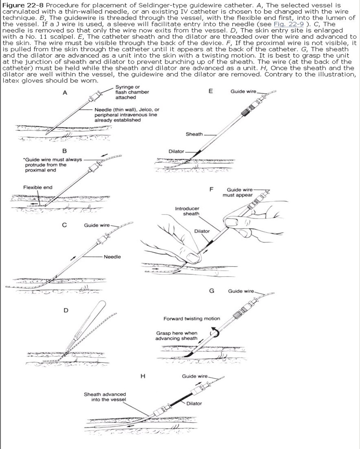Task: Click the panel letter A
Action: click(64, 93)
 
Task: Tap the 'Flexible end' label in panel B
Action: click(38, 188)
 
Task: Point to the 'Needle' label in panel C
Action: click(112, 257)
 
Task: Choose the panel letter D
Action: click(65, 311)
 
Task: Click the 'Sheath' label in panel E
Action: click(194, 134)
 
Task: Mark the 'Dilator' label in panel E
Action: click(177, 151)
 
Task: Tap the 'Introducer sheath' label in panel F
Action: click(187, 211)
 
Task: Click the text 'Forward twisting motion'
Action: click(192, 319)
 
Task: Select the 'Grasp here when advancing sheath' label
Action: click(177, 335)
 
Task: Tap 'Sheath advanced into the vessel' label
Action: click(105, 397)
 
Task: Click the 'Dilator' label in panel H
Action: click(194, 403)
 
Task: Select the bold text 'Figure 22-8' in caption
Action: click(23, 4)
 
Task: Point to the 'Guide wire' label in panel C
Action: click(96, 225)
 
